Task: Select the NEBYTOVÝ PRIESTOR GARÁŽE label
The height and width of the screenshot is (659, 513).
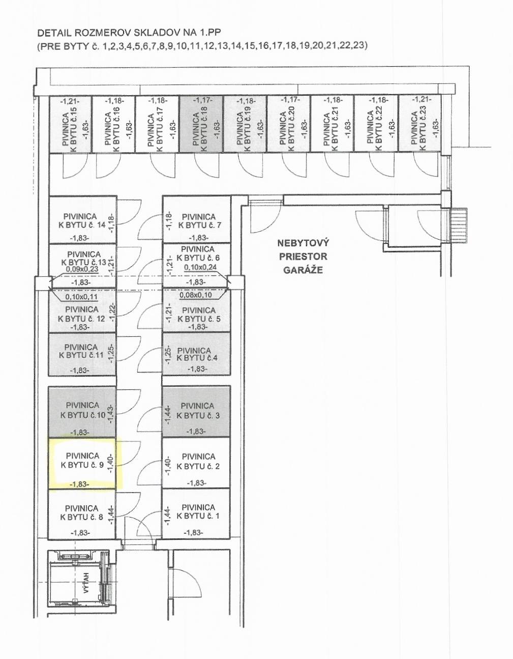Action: tap(303, 256)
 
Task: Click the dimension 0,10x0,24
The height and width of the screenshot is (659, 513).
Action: tap(200, 267)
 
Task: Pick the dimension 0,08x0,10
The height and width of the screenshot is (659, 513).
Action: tap(196, 295)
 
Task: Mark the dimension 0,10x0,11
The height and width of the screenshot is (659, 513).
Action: tap(81, 297)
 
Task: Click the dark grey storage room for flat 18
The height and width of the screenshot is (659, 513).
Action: tap(201, 124)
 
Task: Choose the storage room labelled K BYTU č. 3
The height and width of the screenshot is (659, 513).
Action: tap(196, 411)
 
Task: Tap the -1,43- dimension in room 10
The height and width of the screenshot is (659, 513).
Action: tap(111, 415)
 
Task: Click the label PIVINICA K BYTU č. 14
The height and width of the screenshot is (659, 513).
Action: tap(82, 221)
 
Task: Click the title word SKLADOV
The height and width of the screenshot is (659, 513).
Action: tap(158, 33)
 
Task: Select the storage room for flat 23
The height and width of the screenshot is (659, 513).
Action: tap(419, 124)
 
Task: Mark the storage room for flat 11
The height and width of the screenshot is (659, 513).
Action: tap(82, 354)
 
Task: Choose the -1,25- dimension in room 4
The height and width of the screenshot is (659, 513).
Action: tap(168, 354)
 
